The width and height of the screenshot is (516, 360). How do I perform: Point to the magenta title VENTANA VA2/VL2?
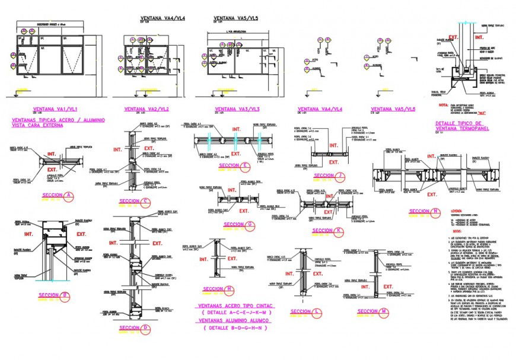tap(146, 109)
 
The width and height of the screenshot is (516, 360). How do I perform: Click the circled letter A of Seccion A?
tap(68, 196)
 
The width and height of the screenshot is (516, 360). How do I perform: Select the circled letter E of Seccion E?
tap(245, 165)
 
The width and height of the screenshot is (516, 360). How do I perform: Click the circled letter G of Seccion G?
tap(250, 224)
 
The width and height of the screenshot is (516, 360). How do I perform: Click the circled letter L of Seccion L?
tap(318, 311)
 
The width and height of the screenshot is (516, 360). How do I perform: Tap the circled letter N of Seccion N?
tap(437, 211)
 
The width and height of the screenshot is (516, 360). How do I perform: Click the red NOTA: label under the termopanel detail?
tap(443, 104)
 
